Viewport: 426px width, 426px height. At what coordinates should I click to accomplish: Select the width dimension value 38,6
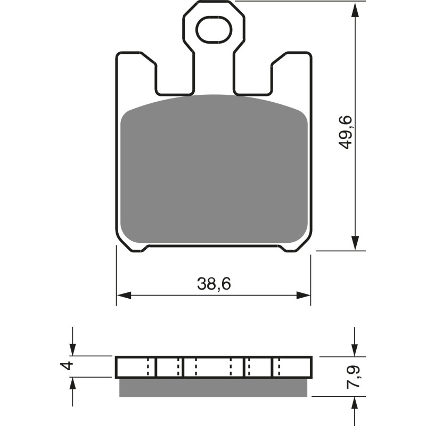coord(214,284)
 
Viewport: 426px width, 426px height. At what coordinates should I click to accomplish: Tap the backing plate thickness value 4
coord(66,366)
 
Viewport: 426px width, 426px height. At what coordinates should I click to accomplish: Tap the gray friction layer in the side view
coord(214,387)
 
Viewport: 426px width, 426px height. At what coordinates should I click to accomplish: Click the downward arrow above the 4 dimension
coord(73,349)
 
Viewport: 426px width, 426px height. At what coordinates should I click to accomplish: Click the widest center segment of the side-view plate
coord(214,367)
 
